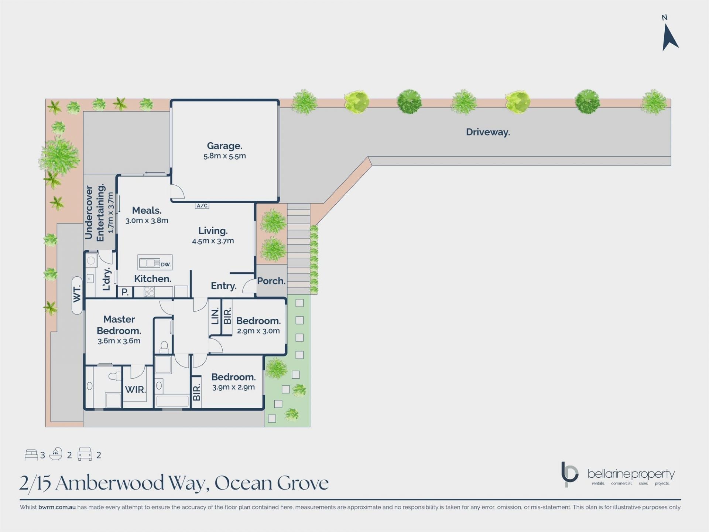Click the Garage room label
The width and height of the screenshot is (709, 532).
[x=225, y=146]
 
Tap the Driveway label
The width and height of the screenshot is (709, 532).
[x=488, y=132]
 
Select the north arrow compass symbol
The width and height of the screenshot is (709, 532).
[x=669, y=37]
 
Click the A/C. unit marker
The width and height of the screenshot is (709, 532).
[x=202, y=206]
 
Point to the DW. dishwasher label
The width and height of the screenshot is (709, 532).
[x=165, y=265]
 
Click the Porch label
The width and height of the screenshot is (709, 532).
[x=271, y=281]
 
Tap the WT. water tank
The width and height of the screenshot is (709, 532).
[x=77, y=295]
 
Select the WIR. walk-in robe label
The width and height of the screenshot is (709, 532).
[x=135, y=389]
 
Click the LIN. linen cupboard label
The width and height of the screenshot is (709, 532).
[x=215, y=316]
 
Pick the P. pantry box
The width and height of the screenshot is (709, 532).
[x=125, y=292]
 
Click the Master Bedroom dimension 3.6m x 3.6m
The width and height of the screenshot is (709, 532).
[x=119, y=341]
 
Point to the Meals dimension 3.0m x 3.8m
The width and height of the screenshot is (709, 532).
[x=147, y=221]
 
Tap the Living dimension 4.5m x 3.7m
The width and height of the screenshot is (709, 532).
[x=213, y=241]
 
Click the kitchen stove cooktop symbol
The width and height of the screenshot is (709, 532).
[x=149, y=292]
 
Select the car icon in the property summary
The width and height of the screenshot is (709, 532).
[x=85, y=454]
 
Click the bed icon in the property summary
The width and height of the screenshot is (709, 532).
[x=31, y=455]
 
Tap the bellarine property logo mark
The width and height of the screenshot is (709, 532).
[x=569, y=474]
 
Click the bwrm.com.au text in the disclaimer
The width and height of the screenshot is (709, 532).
[x=57, y=507]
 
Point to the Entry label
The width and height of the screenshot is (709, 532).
[x=224, y=286]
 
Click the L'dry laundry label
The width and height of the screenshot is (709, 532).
[x=106, y=279]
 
